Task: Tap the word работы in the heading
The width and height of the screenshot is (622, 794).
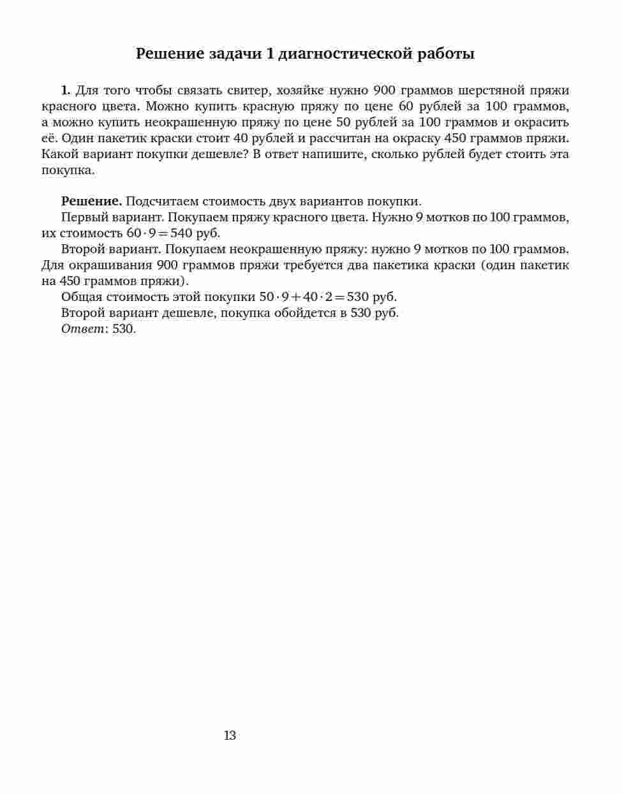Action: point(446,54)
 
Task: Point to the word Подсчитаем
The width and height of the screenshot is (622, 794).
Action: point(162,202)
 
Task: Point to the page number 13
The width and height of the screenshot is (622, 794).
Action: point(230,735)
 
